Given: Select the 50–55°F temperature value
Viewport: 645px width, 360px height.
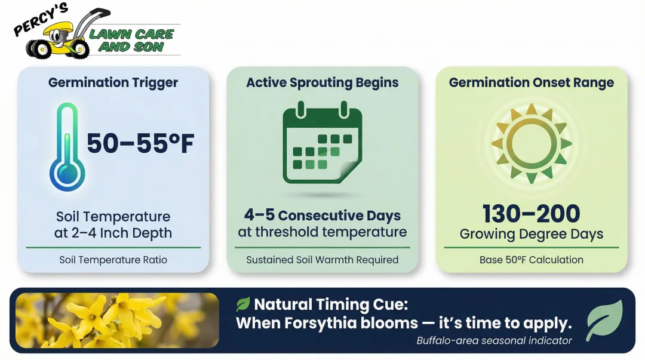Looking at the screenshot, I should pos(140,144).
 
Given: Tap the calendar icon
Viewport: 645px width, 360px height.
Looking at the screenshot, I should pos(322,143).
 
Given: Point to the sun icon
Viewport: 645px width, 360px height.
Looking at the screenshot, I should pos(531,143).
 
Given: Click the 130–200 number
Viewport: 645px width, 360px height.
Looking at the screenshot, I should pos(531,214).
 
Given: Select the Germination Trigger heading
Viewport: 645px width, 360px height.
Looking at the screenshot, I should pos(113,82).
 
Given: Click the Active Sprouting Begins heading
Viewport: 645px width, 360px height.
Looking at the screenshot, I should pos(322,82).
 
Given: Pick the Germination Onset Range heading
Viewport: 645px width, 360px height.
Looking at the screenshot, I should pos(531,82).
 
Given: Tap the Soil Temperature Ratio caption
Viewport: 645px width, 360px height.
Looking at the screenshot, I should pos(113,260).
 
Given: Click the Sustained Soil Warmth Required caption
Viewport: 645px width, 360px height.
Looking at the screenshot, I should pos(322,260).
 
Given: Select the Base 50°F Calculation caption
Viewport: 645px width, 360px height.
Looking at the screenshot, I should pos(531,260).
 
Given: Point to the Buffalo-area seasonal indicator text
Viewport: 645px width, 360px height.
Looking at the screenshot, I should pos(494,340).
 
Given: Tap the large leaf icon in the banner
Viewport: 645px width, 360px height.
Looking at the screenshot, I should pos(604,320).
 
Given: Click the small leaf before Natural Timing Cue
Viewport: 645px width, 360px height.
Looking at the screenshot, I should pos(243,304).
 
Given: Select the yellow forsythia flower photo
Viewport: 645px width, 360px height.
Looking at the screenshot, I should pos(117,320).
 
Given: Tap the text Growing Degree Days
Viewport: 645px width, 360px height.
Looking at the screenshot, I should pos(531,234).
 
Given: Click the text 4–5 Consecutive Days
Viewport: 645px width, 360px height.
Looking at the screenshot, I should pos(322,215).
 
